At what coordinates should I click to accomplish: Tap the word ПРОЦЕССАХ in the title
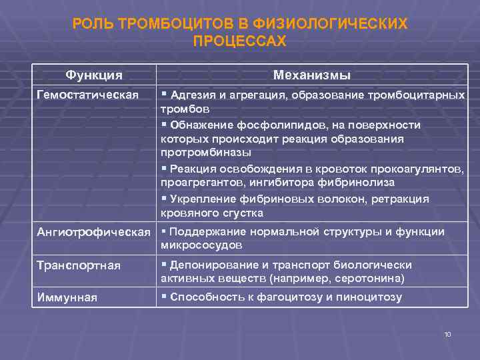239,41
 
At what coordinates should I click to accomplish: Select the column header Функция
93,75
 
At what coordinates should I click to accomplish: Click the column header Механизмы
312,75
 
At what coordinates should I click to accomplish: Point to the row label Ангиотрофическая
93,232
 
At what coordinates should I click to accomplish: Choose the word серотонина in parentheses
371,279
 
